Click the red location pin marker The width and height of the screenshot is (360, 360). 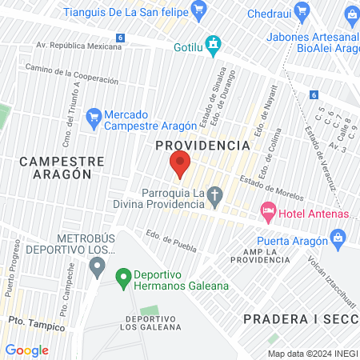tap(180, 163)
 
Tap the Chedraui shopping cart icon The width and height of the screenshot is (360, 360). tap(302, 11)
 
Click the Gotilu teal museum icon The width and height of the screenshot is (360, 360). tap(212, 44)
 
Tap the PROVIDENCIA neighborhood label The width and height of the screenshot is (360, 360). tap(202, 146)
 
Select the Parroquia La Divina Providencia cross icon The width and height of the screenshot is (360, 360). tap(214, 194)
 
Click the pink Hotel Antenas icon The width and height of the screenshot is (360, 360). tap(266, 212)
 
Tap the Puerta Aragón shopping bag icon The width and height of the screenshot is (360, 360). tap(338, 238)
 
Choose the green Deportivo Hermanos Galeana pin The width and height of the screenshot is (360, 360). tap(123, 278)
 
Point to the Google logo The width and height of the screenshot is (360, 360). tap(26, 350)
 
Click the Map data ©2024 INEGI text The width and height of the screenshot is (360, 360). tap(312, 354)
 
